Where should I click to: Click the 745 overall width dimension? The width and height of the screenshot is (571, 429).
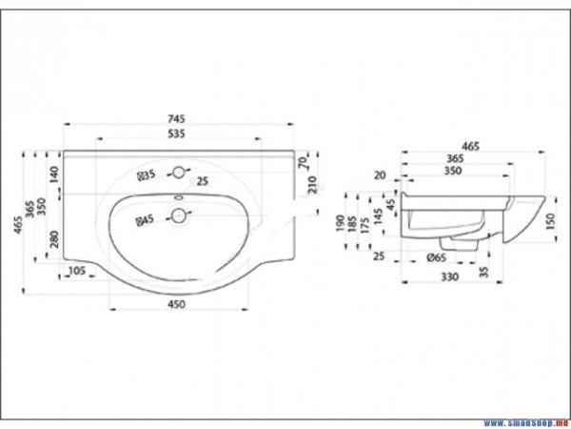click(175, 119)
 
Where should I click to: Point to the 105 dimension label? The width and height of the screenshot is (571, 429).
click(78, 273)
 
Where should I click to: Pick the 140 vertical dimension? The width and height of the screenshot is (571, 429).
click(55, 174)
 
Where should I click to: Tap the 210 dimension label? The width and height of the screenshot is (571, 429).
click(310, 181)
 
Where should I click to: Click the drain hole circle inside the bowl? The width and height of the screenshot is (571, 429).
click(177, 216)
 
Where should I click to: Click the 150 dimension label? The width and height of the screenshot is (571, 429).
click(551, 222)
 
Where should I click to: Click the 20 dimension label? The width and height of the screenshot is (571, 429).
click(381, 175)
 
